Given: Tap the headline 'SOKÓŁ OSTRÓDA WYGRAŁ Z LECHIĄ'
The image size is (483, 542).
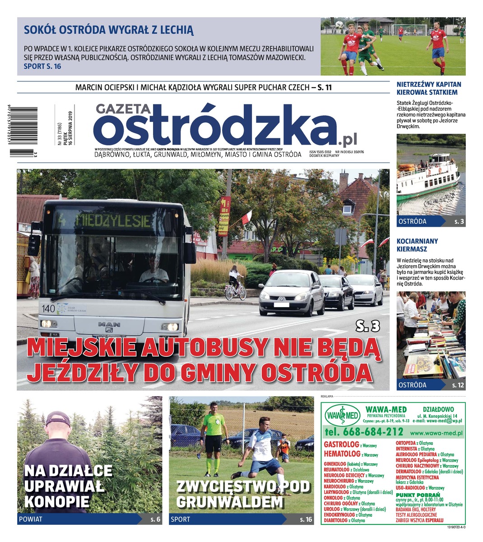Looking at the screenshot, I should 108,31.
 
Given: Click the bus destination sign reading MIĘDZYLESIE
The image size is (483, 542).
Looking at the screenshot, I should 107,221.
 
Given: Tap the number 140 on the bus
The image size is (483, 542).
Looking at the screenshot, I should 48,308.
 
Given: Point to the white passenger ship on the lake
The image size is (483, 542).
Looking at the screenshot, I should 427,177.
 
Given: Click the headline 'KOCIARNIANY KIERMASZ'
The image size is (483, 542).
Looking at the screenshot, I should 417,245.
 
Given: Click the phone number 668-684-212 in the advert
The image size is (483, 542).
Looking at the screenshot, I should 363,431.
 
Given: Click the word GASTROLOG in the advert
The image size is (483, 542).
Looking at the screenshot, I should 341,444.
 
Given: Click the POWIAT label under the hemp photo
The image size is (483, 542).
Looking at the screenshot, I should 30,519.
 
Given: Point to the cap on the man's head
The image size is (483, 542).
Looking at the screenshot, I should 58,418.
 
